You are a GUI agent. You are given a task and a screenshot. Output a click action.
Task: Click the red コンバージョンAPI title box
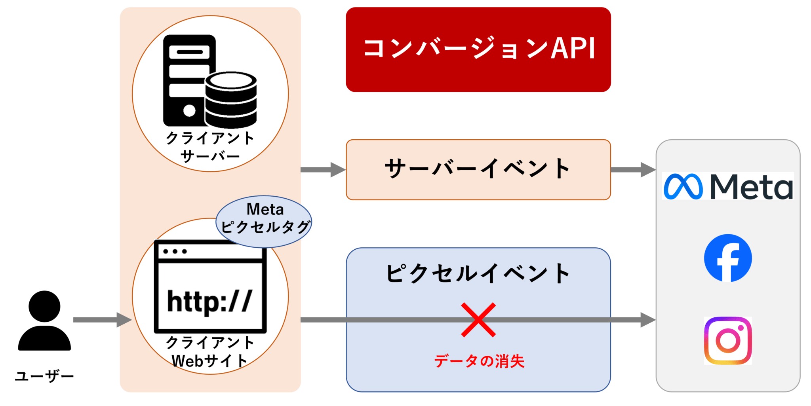[478, 49]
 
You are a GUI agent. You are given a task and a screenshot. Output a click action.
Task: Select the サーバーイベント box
[478, 169]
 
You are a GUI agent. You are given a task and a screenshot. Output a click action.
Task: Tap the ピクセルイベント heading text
[478, 273]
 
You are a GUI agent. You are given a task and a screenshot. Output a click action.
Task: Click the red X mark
[478, 320]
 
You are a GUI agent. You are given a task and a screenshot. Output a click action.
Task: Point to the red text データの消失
[479, 361]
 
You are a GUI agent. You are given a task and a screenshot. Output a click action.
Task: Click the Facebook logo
[727, 258]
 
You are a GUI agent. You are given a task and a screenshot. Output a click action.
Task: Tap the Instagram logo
[727, 340]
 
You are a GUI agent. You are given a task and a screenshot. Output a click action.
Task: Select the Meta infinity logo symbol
[683, 186]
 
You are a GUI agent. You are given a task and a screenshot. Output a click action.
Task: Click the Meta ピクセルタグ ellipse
[264, 221]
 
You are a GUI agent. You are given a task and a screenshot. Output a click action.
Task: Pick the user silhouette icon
[44, 321]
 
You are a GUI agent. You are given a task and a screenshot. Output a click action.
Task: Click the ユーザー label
[44, 376]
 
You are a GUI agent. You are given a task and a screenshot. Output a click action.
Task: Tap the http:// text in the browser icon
[209, 302]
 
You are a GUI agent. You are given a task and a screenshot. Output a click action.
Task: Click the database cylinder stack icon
[231, 100]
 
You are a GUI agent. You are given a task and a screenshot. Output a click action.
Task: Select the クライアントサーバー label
[210, 147]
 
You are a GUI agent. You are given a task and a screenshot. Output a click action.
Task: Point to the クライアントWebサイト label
[210, 352]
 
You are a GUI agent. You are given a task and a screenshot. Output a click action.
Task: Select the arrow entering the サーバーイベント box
[323, 169]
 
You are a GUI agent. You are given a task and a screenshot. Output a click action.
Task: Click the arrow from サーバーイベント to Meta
[632, 169]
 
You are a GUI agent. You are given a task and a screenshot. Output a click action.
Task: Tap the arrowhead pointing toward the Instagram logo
[647, 320]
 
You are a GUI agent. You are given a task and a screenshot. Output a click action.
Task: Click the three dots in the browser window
[175, 251]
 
